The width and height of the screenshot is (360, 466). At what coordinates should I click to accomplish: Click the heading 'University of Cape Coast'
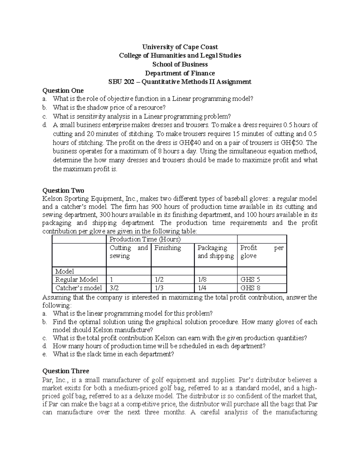click(180, 47)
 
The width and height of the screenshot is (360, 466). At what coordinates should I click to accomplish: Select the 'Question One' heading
click(63, 91)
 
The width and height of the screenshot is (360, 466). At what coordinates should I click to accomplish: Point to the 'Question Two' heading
click(63, 191)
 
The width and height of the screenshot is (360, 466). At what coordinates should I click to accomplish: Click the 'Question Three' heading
click(66, 371)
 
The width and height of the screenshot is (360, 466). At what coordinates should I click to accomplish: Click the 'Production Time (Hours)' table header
click(145, 239)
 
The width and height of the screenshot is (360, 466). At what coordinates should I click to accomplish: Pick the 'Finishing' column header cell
click(168, 248)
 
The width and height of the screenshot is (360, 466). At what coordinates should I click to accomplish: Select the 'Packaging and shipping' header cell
click(215, 252)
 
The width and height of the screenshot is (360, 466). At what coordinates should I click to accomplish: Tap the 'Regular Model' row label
click(76, 279)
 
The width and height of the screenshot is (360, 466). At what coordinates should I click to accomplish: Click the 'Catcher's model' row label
click(79, 288)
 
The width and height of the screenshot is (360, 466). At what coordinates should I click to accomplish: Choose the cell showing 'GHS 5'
click(250, 279)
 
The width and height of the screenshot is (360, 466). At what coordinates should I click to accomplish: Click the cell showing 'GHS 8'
click(250, 288)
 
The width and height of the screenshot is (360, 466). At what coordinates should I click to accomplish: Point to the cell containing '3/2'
click(114, 288)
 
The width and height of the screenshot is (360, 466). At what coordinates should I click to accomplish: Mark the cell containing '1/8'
click(202, 279)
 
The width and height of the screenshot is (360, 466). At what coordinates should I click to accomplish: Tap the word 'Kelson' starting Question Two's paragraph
click(52, 199)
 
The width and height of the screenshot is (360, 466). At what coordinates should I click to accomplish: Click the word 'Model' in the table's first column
click(64, 271)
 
